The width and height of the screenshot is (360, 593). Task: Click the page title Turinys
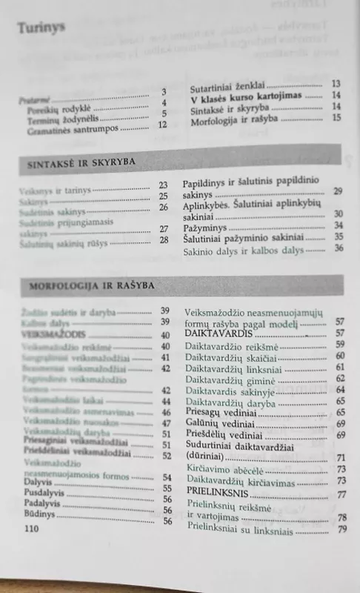click(41, 28)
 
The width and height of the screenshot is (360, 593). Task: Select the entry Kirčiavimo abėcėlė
click(221, 469)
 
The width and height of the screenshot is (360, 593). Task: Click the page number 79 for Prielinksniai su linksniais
click(341, 529)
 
